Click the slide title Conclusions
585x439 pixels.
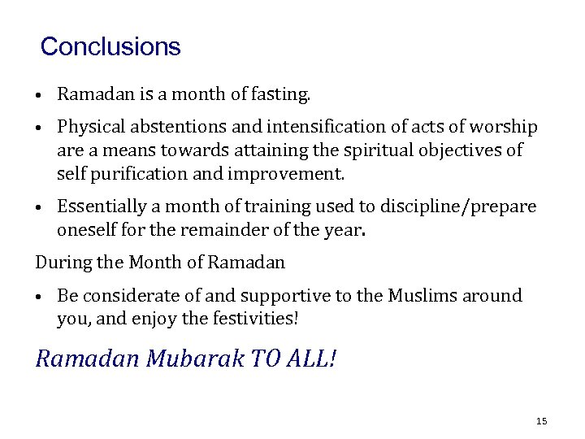[110, 46]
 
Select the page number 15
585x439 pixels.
[542, 420]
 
